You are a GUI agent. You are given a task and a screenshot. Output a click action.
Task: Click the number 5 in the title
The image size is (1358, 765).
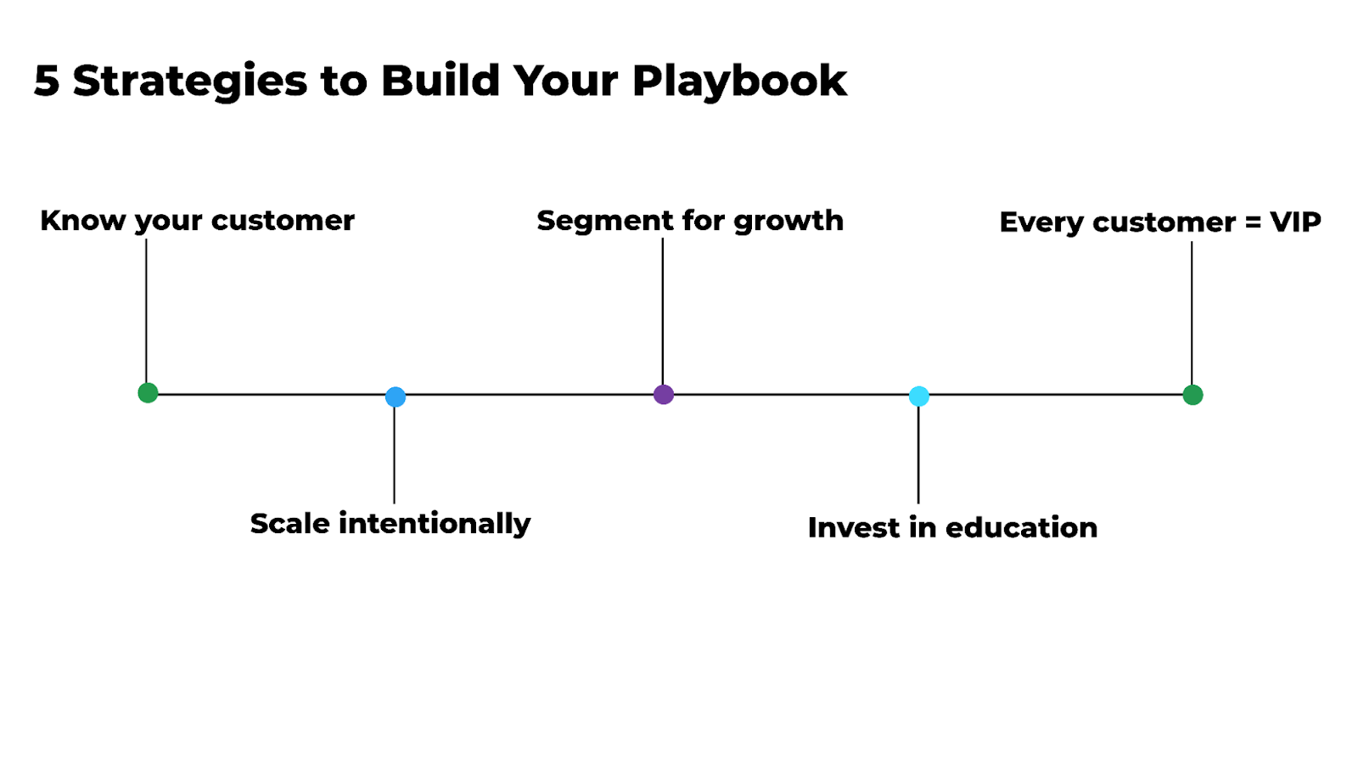point(47,82)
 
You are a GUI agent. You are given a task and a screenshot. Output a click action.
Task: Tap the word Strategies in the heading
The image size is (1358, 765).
point(189,82)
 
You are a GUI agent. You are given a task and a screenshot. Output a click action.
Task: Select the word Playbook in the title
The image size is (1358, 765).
point(739,82)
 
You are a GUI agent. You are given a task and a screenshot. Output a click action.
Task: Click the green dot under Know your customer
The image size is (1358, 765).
point(148,392)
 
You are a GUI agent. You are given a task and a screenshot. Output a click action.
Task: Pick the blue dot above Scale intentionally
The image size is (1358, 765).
point(396,397)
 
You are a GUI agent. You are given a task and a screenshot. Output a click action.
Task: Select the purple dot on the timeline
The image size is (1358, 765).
point(664,394)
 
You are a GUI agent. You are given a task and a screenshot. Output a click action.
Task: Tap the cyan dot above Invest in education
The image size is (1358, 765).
point(919,396)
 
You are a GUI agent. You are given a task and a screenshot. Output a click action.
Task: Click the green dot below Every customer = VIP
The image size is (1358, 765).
point(1192,395)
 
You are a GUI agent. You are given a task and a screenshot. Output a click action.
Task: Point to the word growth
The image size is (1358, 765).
point(788,222)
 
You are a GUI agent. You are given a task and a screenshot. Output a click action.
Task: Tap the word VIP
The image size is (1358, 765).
point(1295,222)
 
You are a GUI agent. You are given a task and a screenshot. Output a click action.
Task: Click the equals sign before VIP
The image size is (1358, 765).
point(1253,223)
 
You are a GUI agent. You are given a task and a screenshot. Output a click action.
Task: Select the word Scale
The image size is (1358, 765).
point(289,523)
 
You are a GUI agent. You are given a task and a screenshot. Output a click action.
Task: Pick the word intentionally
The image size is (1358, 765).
point(435,524)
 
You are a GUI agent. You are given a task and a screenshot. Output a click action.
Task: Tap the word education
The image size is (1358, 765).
point(1021,527)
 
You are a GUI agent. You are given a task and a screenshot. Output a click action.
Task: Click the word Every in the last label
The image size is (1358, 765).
point(1041,223)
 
